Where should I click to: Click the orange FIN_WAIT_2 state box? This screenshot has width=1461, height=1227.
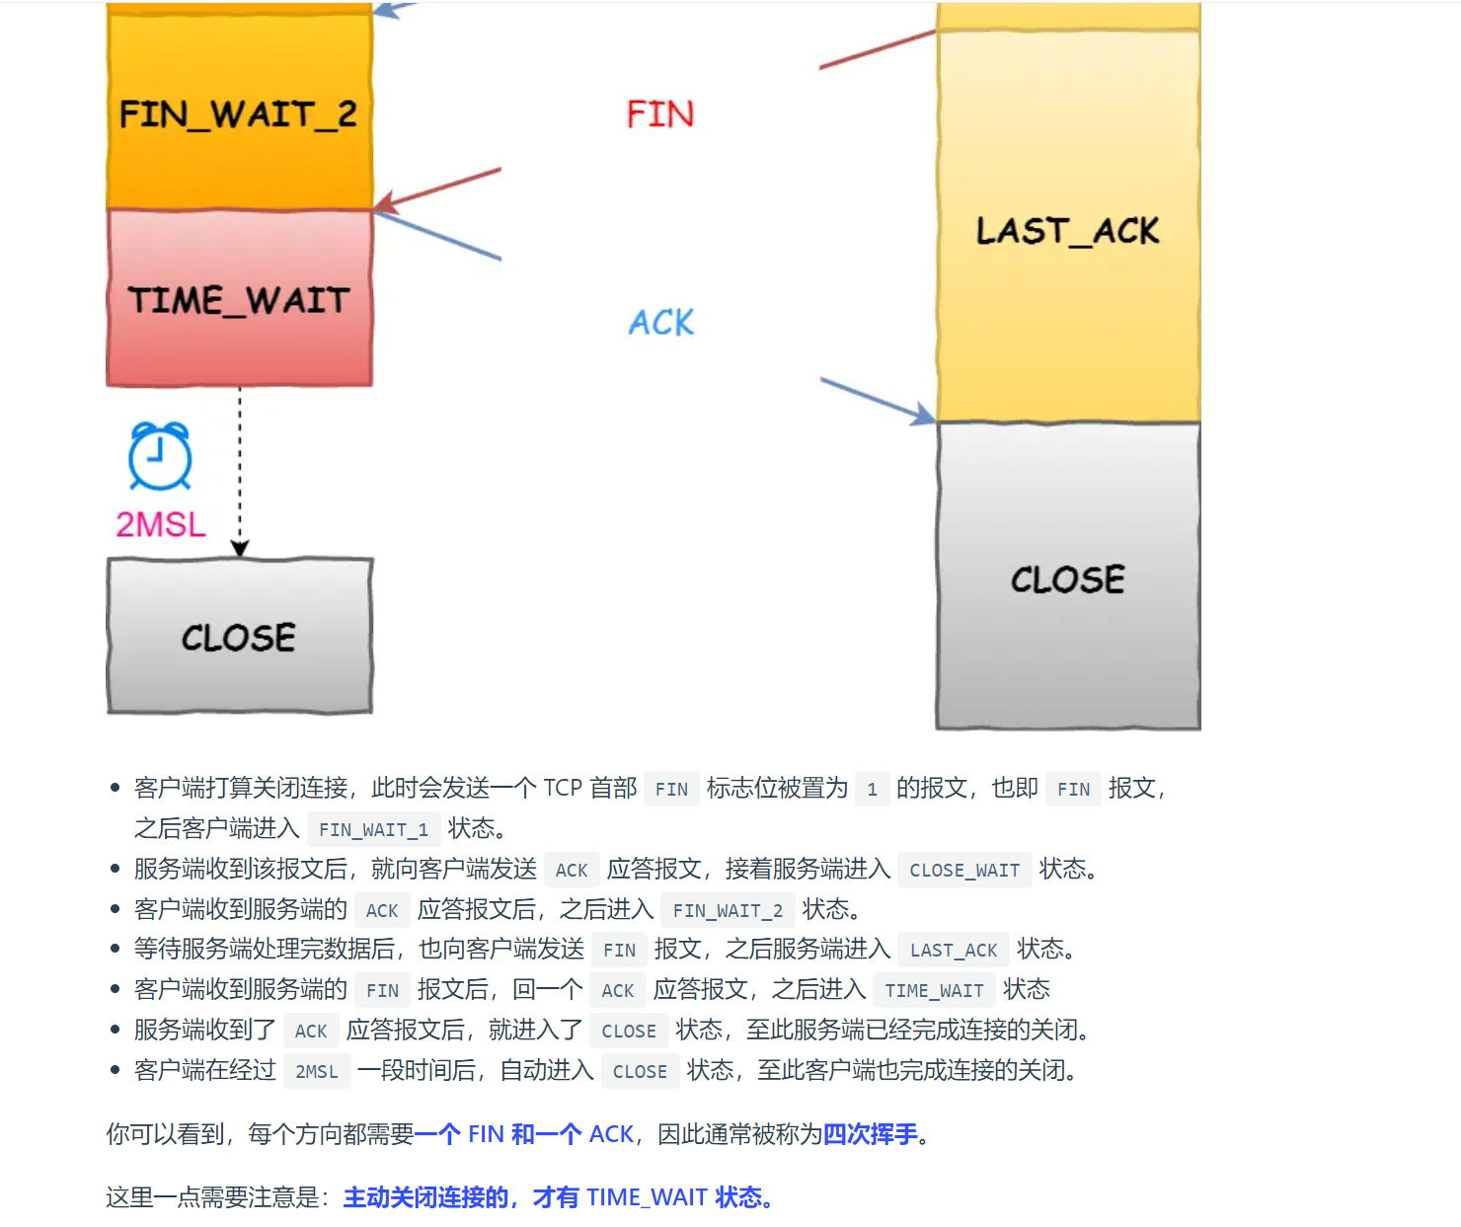coord(239,113)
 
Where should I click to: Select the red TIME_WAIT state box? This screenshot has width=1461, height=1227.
coord(239,298)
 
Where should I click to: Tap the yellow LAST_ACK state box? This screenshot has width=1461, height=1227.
coord(1067,230)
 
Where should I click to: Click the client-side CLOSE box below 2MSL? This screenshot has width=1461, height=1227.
coord(239,636)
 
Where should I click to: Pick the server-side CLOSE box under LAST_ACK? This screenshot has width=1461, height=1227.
coord(1067,577)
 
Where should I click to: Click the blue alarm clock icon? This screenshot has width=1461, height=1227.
coord(160,456)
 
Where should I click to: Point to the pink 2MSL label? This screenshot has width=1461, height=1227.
coord(161,524)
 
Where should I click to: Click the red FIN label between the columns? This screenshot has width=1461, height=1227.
coord(660,115)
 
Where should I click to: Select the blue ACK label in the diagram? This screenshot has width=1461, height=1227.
coord(661,322)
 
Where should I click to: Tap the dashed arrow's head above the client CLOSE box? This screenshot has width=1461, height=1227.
coord(240,548)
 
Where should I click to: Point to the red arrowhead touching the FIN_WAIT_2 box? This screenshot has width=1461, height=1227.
coord(385,203)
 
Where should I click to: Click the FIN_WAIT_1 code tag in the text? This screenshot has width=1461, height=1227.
coord(373,829)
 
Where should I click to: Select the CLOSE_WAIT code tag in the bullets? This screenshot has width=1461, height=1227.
coord(964,870)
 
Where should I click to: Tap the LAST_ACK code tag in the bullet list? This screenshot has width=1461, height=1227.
coord(954,950)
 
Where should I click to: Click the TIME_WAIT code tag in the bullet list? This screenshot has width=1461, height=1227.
coord(934,990)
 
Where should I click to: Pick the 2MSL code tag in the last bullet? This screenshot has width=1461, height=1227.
coord(317,1071)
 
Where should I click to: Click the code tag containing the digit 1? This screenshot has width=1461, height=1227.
coord(872,789)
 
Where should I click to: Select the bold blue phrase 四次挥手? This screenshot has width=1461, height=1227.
coord(870,1134)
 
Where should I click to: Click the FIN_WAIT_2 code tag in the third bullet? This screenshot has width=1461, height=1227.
coord(728,910)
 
